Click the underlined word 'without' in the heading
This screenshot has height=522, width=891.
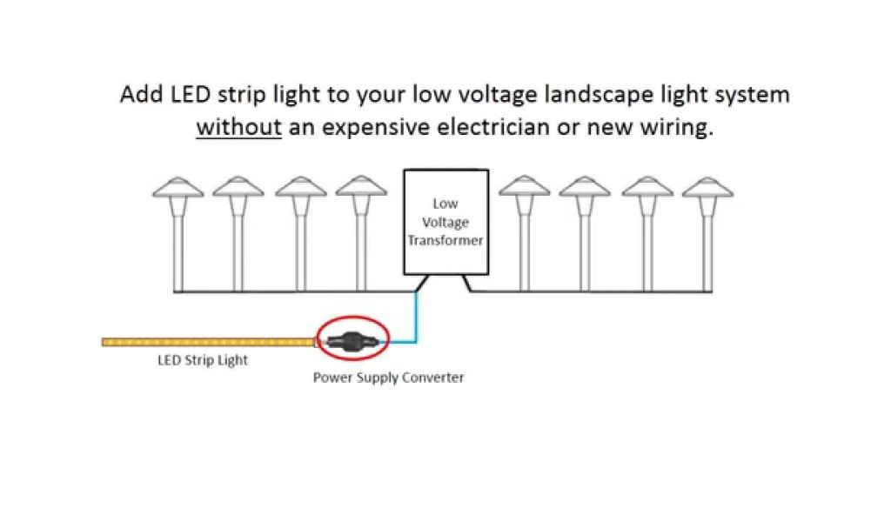(238, 127)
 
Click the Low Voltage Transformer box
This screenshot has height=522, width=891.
(445, 221)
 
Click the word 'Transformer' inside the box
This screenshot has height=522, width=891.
(445, 240)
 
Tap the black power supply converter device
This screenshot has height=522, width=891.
(353, 340)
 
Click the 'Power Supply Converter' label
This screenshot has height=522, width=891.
(388, 378)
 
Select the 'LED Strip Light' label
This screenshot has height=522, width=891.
(202, 360)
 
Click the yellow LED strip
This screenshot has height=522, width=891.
(209, 342)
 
